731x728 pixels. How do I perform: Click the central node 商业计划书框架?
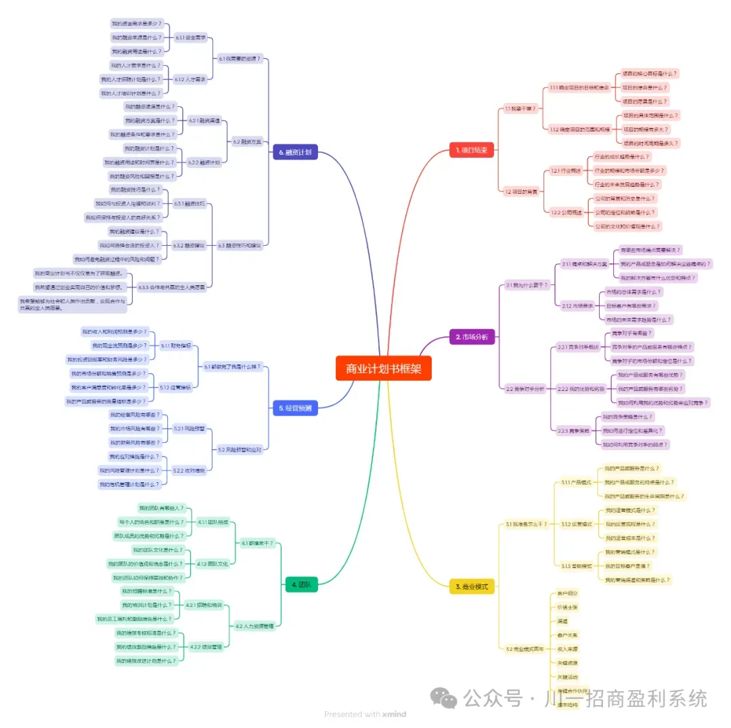(x=383, y=368)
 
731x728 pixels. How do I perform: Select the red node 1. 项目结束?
(x=472, y=150)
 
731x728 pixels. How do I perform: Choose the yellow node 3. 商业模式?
(x=472, y=587)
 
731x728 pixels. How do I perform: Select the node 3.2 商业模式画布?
(x=525, y=649)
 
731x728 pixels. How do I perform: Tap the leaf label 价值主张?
(x=567, y=607)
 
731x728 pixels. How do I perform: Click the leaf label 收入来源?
(x=567, y=648)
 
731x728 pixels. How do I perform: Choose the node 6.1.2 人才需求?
(x=190, y=79)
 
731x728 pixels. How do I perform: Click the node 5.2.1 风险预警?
(x=189, y=429)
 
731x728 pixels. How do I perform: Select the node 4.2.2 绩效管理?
(x=206, y=647)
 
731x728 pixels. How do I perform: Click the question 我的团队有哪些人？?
(x=161, y=508)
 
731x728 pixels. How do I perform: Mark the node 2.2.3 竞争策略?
(x=573, y=430)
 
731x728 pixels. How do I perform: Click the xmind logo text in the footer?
(x=394, y=714)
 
